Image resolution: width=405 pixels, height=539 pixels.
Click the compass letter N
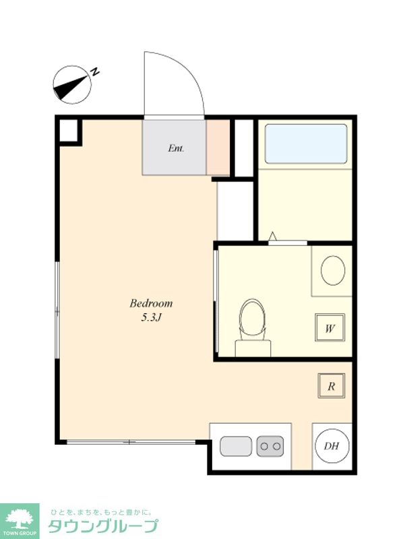point(94,72)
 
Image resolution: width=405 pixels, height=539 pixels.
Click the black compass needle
point(70,87)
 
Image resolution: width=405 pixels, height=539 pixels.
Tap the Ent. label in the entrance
point(176,148)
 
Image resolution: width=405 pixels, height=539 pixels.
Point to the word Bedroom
point(151,303)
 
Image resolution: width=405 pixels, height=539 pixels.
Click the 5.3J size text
point(151,318)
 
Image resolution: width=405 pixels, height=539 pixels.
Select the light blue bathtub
point(306,144)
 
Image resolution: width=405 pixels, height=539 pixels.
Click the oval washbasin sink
point(333,270)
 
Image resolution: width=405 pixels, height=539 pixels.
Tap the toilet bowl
point(253,319)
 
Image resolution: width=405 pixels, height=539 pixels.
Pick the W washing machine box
point(330,327)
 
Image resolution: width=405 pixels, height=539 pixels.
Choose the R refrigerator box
point(331,385)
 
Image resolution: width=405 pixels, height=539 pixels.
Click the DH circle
point(332,446)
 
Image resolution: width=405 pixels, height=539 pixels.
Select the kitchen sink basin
point(236,446)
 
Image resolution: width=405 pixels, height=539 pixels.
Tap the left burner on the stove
point(264,446)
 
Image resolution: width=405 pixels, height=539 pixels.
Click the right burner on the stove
point(277,446)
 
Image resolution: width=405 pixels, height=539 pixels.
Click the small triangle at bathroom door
point(273,236)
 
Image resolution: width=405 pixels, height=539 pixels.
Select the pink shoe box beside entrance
point(218,148)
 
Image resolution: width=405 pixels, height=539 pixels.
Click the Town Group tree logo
point(19,517)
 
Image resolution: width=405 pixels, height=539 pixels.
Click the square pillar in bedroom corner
point(69,130)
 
